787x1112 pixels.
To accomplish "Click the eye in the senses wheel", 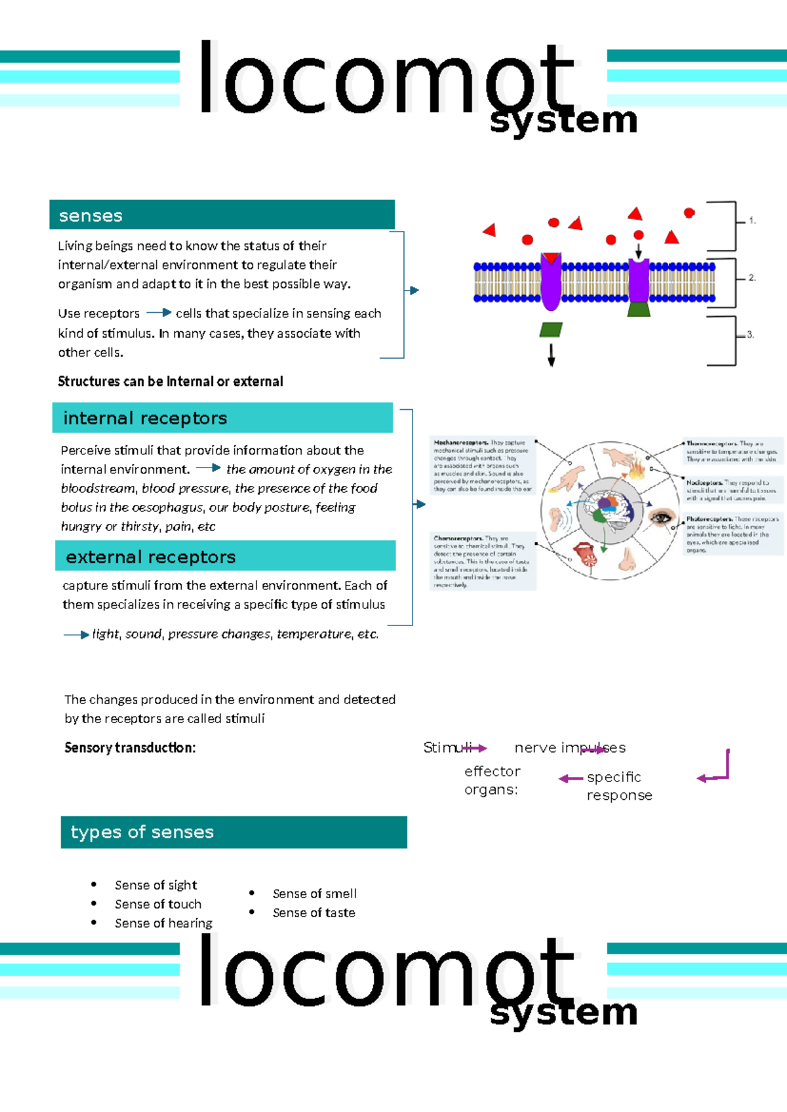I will pyautogui.click(x=661, y=518).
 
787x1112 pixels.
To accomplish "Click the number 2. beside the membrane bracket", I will pyautogui.click(x=752, y=278).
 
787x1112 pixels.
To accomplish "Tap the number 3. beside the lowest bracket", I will pyautogui.click(x=750, y=334).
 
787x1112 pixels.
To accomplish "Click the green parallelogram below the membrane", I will pyautogui.click(x=551, y=329).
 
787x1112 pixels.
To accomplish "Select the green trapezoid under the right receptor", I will pyautogui.click(x=639, y=309).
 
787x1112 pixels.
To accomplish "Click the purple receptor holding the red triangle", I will pyautogui.click(x=551, y=282).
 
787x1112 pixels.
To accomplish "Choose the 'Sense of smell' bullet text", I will pyautogui.click(x=315, y=894).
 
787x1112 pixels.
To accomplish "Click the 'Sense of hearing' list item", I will pyautogui.click(x=163, y=923).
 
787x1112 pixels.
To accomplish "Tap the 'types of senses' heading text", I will pyautogui.click(x=142, y=832).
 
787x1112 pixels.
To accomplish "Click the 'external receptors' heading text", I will pyautogui.click(x=151, y=557).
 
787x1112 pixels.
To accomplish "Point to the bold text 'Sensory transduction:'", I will pyautogui.click(x=130, y=747).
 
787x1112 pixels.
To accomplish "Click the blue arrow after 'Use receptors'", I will pyautogui.click(x=159, y=313).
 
